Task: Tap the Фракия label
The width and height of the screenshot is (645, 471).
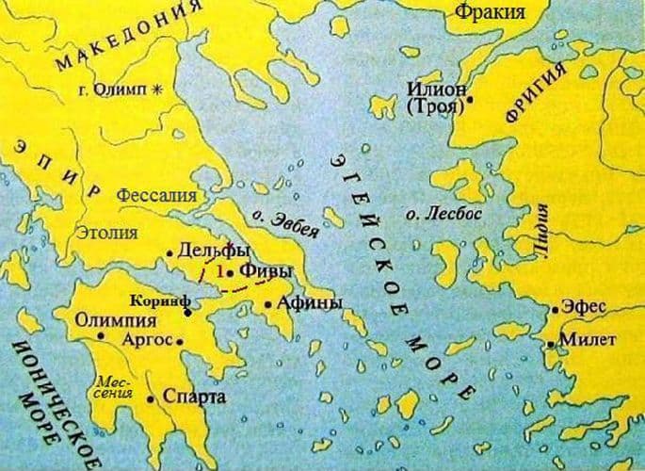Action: (490, 12)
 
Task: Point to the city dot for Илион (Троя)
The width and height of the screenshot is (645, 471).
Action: (469, 98)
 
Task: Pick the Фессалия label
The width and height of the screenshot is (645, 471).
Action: (156, 196)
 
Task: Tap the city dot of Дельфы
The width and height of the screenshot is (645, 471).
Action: (169, 252)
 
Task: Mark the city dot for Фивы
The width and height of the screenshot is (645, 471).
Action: (230, 271)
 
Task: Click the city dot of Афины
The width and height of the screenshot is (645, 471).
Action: (269, 303)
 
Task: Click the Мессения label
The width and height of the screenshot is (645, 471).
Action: (110, 385)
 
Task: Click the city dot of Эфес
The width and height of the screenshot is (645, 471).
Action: (554, 307)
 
